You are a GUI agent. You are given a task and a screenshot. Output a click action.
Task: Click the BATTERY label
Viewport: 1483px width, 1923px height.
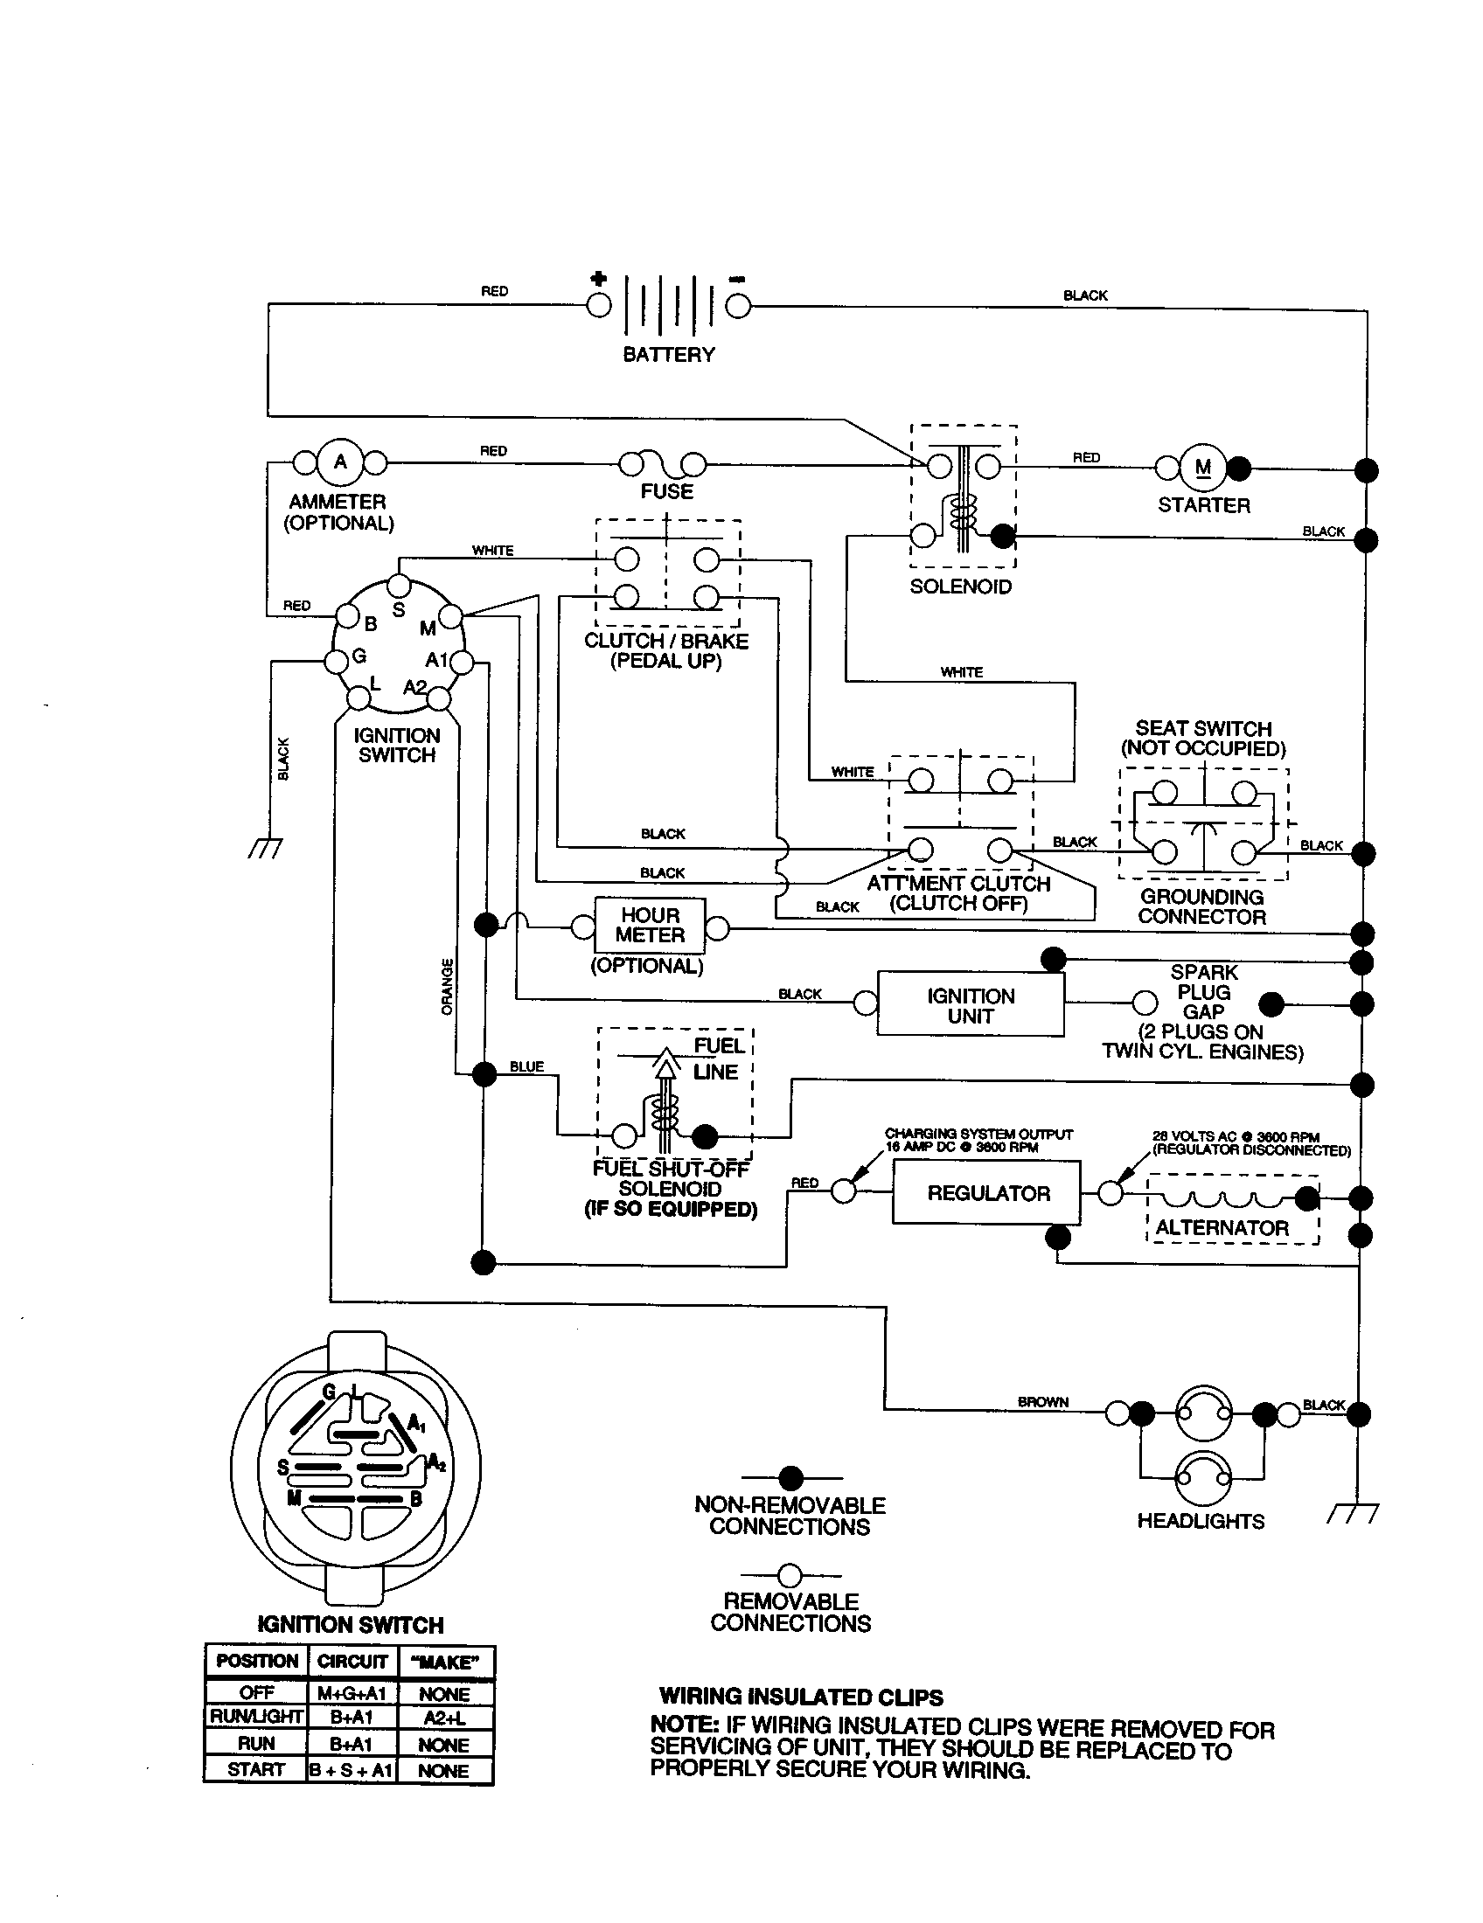668,355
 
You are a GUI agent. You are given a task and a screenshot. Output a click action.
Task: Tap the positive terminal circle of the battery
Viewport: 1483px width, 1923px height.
599,305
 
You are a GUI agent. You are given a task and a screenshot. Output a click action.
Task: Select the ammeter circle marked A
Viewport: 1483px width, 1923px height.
340,462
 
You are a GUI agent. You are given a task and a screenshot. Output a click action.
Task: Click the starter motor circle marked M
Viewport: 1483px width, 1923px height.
1202,468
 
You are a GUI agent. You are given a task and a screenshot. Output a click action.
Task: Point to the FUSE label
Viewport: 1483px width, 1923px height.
666,491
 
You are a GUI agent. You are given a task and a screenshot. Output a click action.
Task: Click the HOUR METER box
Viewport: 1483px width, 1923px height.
650,926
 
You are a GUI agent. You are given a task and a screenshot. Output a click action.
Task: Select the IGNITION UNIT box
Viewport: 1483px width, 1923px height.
971,1005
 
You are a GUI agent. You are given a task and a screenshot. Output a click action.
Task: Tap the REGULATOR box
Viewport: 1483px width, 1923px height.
987,1193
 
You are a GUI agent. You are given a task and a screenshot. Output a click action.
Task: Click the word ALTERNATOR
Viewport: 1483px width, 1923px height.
1222,1227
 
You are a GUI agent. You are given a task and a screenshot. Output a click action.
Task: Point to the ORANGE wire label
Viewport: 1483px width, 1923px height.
448,986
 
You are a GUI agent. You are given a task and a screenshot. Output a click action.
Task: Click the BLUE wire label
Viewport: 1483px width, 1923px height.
526,1066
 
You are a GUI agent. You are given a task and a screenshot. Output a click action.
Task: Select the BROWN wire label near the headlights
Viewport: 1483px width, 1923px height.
1042,1401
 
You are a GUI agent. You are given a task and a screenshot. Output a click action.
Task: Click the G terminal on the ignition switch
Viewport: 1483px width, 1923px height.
336,662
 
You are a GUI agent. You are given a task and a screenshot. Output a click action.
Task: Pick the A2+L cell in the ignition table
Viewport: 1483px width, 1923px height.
444,1718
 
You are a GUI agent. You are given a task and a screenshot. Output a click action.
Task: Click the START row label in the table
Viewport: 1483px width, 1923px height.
255,1769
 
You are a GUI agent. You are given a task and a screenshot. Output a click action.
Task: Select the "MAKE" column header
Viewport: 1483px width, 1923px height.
446,1662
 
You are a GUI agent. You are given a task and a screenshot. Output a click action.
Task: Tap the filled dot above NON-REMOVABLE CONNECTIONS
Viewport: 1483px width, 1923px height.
791,1478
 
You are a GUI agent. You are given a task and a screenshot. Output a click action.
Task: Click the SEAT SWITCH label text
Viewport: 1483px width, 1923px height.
1203,728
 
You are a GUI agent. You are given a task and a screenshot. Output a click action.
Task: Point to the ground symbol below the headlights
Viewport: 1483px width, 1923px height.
1352,1515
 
